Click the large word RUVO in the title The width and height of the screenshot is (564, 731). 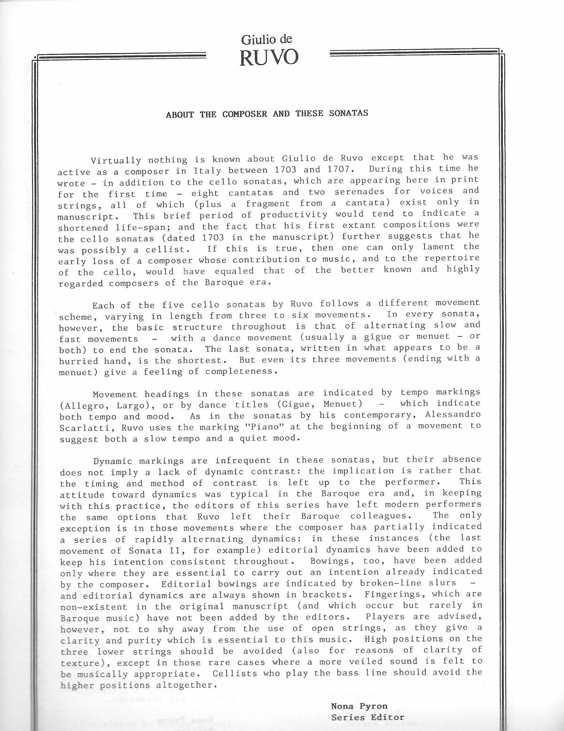(x=268, y=58)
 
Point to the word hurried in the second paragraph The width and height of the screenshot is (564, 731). (x=79, y=361)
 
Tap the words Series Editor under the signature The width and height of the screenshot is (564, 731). (x=368, y=717)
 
